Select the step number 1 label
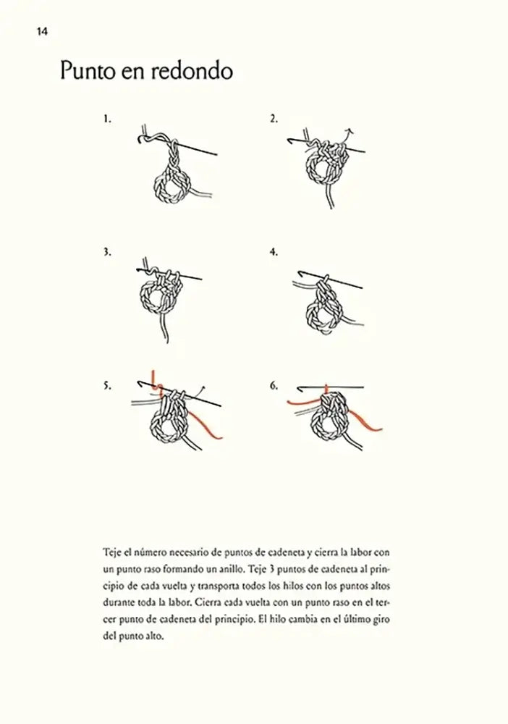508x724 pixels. click(x=107, y=117)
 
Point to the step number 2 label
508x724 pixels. click(x=274, y=117)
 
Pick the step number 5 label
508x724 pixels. click(x=107, y=387)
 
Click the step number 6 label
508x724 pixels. click(x=274, y=387)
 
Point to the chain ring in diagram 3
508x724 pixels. click(x=159, y=298)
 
